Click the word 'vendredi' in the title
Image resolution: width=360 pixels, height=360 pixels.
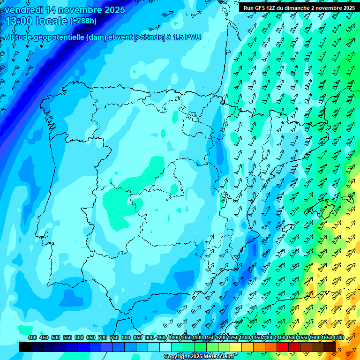point(23,10)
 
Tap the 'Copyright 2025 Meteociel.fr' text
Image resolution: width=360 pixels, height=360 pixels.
point(199,357)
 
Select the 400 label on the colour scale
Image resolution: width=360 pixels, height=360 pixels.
point(32,337)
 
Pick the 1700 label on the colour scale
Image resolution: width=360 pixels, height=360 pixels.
point(326,337)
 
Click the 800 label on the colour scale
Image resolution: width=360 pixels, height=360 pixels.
point(126,337)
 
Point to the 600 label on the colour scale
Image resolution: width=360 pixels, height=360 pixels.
point(79,337)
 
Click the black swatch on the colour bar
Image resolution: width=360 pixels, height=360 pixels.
point(25,347)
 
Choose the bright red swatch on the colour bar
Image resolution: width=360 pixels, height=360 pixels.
point(283,347)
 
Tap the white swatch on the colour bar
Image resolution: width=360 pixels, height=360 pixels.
point(165,347)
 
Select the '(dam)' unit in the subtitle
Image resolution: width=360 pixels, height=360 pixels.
point(97,37)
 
